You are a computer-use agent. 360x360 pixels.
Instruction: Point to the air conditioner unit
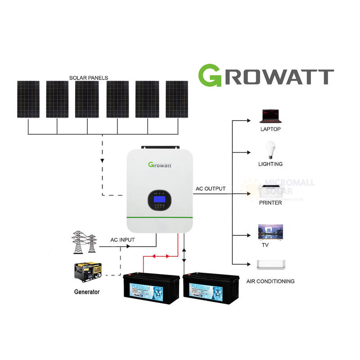270,265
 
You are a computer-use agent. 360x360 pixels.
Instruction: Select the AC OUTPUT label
211,189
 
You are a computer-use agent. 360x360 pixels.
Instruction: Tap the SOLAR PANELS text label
89,77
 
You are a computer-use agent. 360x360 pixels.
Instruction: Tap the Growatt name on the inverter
160,164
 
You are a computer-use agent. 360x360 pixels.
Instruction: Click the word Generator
87,292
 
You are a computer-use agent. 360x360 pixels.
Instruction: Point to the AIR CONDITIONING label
270,281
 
